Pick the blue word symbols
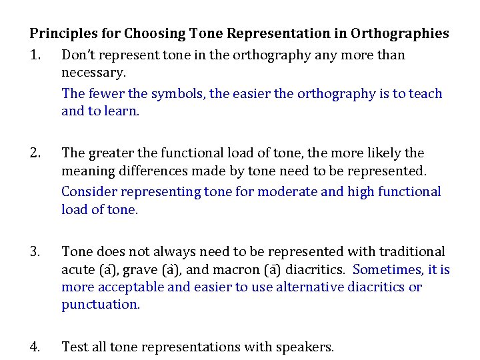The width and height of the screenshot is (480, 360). (x=178, y=94)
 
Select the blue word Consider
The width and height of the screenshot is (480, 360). (x=88, y=192)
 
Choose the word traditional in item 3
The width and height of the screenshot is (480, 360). (x=411, y=252)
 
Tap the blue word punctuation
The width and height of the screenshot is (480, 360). (x=101, y=304)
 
